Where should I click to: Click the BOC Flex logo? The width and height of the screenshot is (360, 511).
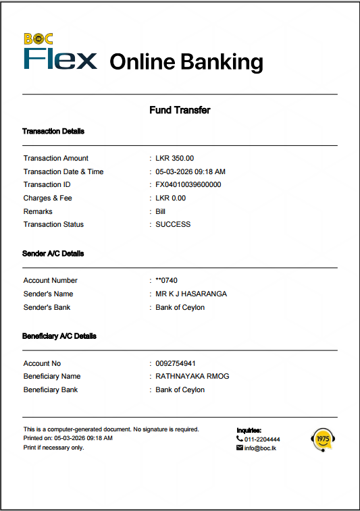point(60,53)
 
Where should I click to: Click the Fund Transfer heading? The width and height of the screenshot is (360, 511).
point(180,110)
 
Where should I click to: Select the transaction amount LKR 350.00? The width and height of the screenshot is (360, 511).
point(174,158)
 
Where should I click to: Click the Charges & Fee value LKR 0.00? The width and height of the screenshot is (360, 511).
point(170,198)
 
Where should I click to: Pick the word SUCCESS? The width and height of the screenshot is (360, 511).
point(173,224)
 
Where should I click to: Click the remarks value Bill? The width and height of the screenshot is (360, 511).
point(161,211)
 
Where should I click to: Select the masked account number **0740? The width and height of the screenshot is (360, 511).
point(166,280)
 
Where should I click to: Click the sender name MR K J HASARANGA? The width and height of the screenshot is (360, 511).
point(191,294)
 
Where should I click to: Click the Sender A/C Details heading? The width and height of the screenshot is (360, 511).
point(53,254)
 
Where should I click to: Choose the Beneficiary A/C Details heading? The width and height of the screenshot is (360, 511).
point(59,336)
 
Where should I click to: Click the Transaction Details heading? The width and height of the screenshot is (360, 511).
point(53,131)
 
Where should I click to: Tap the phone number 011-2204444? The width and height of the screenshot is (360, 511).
point(262,439)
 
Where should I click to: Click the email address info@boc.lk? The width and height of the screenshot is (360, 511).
point(260,448)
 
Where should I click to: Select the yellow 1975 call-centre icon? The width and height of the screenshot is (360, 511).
point(322,439)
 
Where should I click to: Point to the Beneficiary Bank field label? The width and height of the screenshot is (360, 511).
point(51,389)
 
